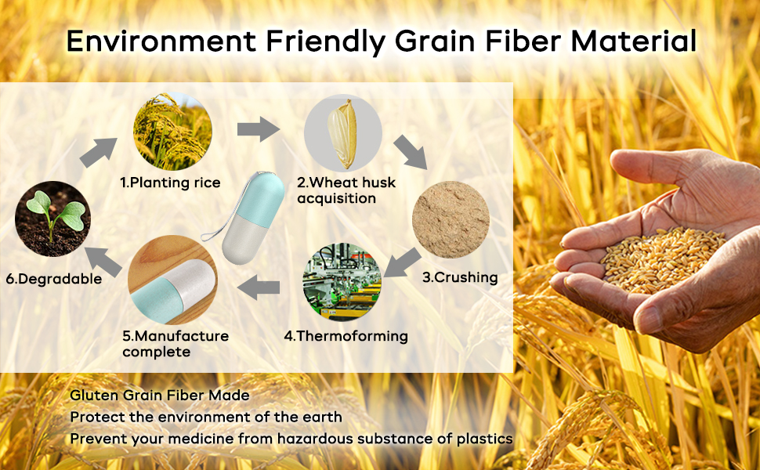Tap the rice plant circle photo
[x=172, y=132]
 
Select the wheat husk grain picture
[x=342, y=133]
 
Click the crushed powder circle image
[x=451, y=219]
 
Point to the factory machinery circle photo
[x=342, y=281]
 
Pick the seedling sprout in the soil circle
[x=52, y=219]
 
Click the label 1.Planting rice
[x=170, y=183]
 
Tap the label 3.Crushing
[x=460, y=277]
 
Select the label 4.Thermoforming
[x=346, y=336]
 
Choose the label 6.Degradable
[x=54, y=279]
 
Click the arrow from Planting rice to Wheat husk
[x=259, y=129]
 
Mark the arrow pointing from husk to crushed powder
[x=410, y=152]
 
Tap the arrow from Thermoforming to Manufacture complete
[x=259, y=287]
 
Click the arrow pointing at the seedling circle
[x=103, y=262]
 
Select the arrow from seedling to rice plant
[x=99, y=152]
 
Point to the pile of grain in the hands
[x=661, y=259]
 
